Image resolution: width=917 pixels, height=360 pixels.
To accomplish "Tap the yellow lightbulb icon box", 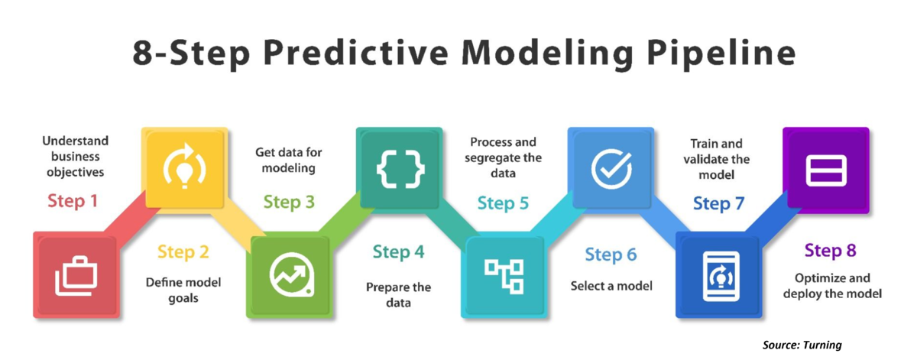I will [x=183, y=170].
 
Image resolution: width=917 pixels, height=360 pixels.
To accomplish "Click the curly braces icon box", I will [x=399, y=170].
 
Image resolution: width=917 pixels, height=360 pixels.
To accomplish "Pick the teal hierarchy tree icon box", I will [x=502, y=276].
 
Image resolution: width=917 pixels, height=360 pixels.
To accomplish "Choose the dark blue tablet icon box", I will [x=717, y=276].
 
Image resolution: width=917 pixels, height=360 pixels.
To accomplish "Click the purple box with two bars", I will [x=826, y=170].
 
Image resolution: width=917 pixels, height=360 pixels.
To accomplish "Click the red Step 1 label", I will [x=73, y=202].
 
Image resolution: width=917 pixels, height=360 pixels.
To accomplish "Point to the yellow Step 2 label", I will [x=183, y=251].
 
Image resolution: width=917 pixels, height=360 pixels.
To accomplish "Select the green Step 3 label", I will [x=289, y=203].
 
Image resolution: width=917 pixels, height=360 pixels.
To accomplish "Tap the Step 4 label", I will [x=398, y=251].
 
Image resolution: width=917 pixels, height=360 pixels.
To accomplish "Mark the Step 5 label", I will [x=503, y=203].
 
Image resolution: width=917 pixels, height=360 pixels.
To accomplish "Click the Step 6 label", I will [x=611, y=254].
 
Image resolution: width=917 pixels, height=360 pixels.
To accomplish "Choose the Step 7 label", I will [x=718, y=204].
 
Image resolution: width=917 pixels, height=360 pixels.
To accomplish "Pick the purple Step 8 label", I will [x=831, y=251].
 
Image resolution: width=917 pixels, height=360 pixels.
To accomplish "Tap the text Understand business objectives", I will [x=75, y=156].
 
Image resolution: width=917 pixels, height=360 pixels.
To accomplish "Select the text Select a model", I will [x=611, y=287].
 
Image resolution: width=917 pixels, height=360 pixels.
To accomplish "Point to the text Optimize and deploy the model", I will [x=832, y=286].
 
